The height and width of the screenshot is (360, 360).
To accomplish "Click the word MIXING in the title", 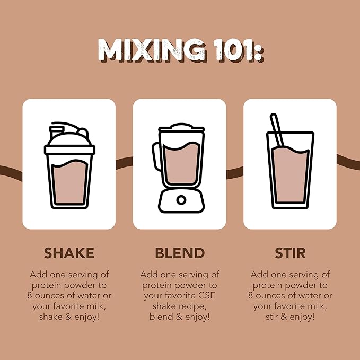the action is click(152, 50).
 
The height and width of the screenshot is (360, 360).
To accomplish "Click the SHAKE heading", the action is click(69, 253).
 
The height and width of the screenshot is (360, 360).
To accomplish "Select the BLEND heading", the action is click(180, 253).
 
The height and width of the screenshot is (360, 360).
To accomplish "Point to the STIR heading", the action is click(290, 253).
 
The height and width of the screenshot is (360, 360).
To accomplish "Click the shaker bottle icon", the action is click(69, 165).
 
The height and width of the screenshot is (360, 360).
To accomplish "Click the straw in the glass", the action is click(277, 130).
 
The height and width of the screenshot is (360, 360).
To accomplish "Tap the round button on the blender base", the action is click(181, 200).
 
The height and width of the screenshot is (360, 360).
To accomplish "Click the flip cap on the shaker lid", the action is click(56, 131).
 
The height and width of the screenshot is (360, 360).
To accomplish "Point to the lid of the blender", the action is click(181, 128).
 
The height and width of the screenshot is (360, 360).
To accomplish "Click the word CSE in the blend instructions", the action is click(207, 296).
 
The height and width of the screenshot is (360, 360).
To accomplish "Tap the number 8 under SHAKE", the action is click(29, 296).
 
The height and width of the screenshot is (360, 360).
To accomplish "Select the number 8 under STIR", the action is click(250, 296).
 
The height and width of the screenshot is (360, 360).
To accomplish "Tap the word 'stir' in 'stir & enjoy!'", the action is click(271, 317).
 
